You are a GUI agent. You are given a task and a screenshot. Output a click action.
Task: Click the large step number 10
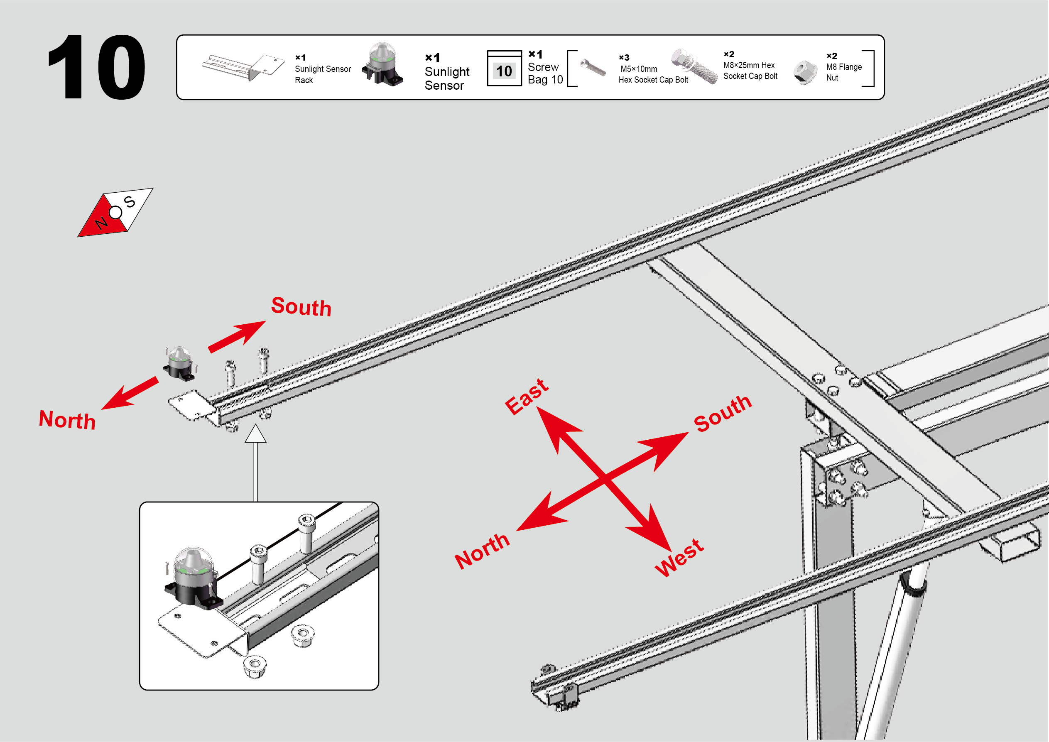(96, 67)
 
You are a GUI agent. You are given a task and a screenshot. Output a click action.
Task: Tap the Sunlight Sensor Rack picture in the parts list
(243, 67)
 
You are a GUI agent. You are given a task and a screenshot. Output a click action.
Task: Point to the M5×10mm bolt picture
(593, 68)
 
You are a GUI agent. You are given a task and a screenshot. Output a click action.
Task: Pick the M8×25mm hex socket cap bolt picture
(694, 66)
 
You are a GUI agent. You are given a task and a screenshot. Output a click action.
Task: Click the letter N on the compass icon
(101, 223)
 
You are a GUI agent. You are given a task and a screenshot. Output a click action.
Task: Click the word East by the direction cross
(527, 396)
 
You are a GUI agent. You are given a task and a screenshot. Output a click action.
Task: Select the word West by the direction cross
(679, 557)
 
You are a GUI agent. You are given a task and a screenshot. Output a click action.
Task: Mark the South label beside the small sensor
(301, 306)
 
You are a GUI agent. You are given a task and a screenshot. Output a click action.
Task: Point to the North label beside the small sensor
(68, 420)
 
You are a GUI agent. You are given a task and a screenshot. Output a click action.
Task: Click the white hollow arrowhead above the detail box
(255, 433)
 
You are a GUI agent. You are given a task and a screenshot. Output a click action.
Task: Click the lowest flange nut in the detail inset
(255, 665)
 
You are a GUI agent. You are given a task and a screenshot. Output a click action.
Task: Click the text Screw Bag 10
(545, 73)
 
